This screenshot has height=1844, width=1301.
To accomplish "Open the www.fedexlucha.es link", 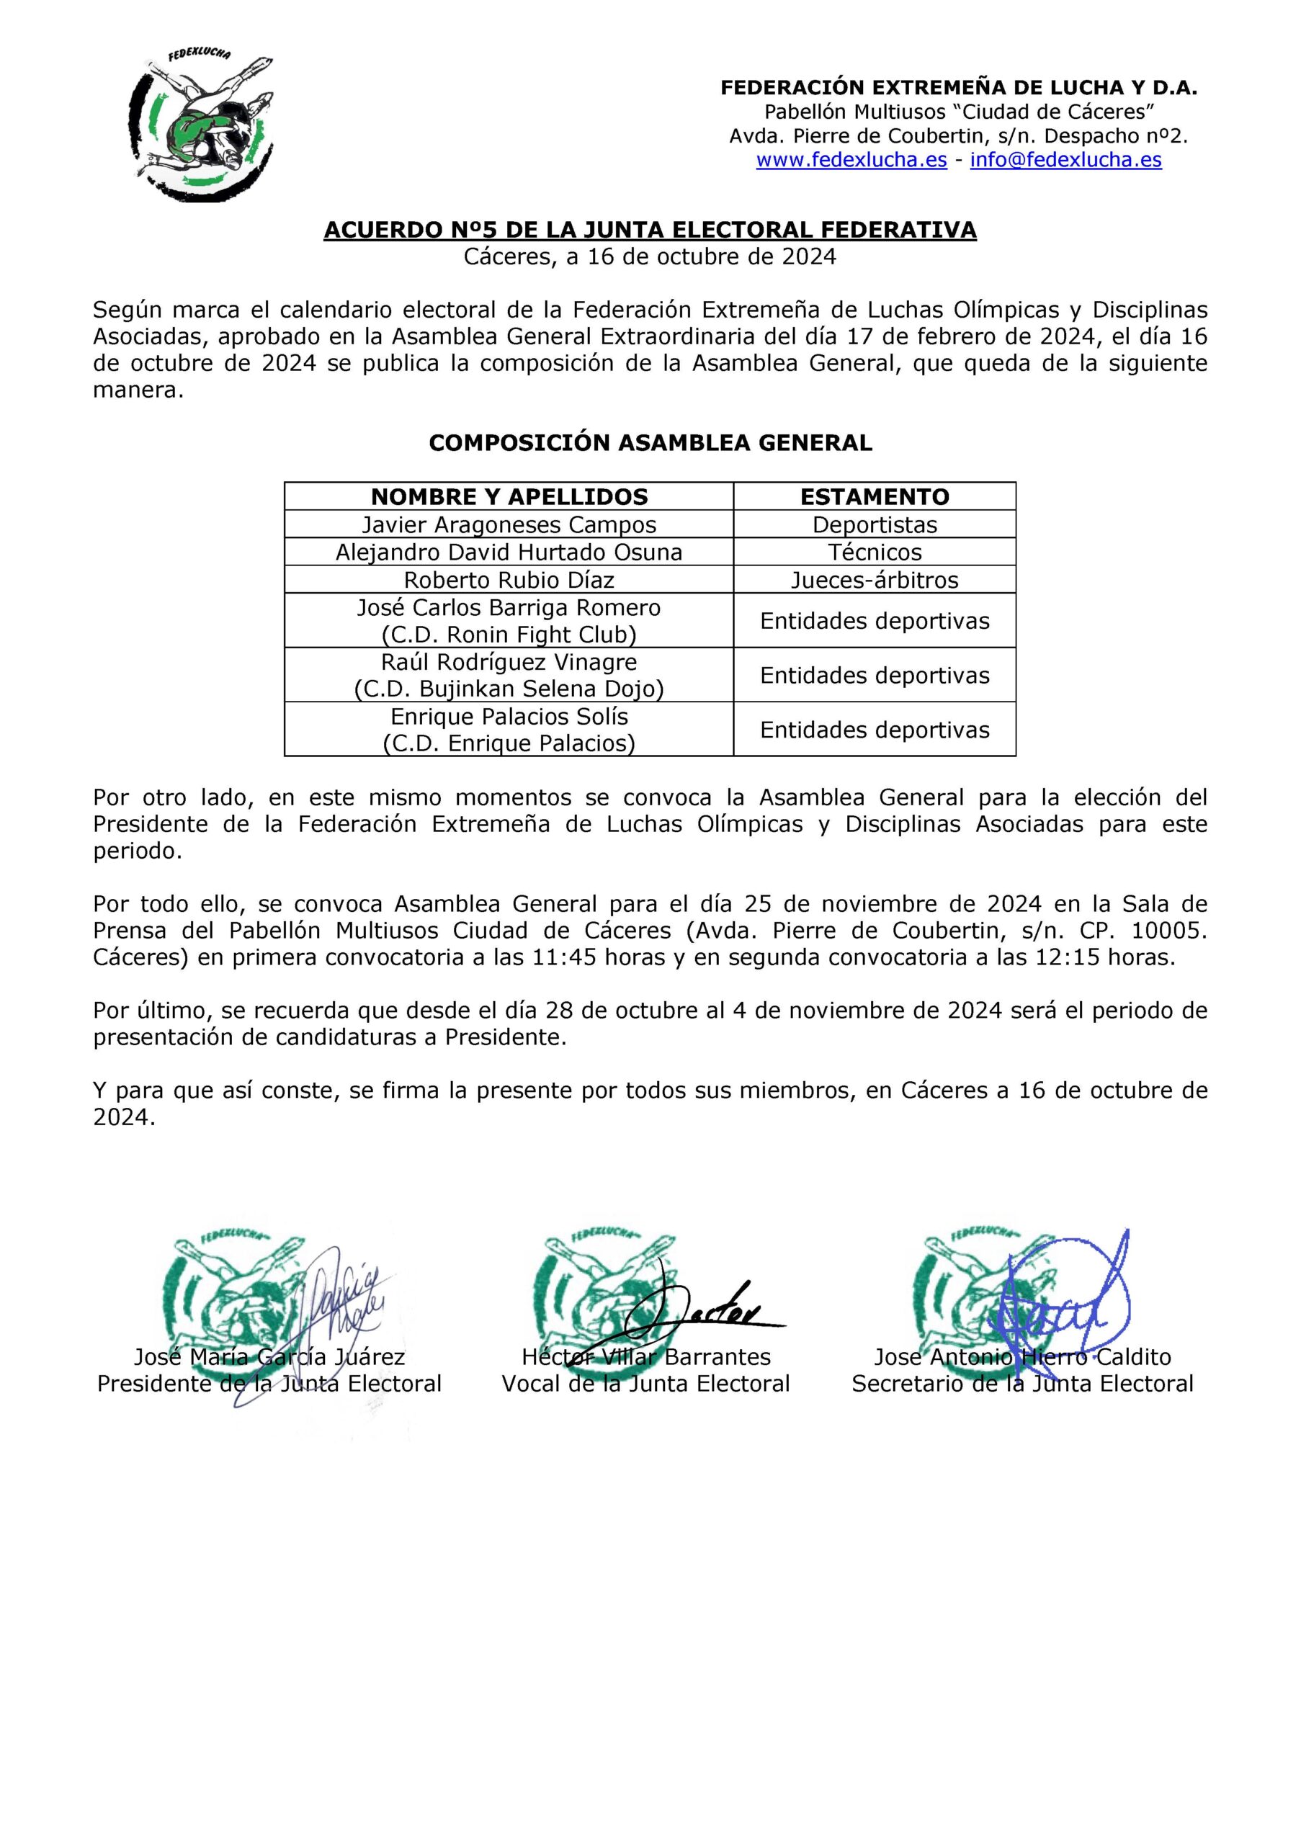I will (851, 160).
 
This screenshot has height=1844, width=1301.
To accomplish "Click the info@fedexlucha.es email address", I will (1065, 160).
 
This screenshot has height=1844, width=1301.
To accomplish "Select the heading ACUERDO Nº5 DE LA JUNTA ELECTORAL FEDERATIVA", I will (650, 230).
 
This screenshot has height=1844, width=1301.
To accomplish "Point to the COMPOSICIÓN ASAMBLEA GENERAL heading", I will (650, 443).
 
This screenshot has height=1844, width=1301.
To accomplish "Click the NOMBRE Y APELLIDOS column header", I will (509, 497).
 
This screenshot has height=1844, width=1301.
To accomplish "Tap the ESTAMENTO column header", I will (874, 497).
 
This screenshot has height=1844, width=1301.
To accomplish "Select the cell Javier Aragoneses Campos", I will (509, 525).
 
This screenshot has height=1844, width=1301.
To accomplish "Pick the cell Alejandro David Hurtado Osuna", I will (509, 552).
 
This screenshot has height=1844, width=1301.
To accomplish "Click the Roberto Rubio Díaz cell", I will (509, 580).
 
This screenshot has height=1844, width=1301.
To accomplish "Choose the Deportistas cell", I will (874, 525).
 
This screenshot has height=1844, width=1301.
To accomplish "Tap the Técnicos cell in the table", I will (874, 552).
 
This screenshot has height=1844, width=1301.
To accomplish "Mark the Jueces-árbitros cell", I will (874, 580).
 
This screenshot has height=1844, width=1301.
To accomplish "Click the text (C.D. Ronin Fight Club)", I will (509, 635).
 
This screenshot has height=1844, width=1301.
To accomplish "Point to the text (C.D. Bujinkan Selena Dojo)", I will (509, 690).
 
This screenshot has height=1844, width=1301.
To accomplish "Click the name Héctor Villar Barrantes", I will (645, 1357).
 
